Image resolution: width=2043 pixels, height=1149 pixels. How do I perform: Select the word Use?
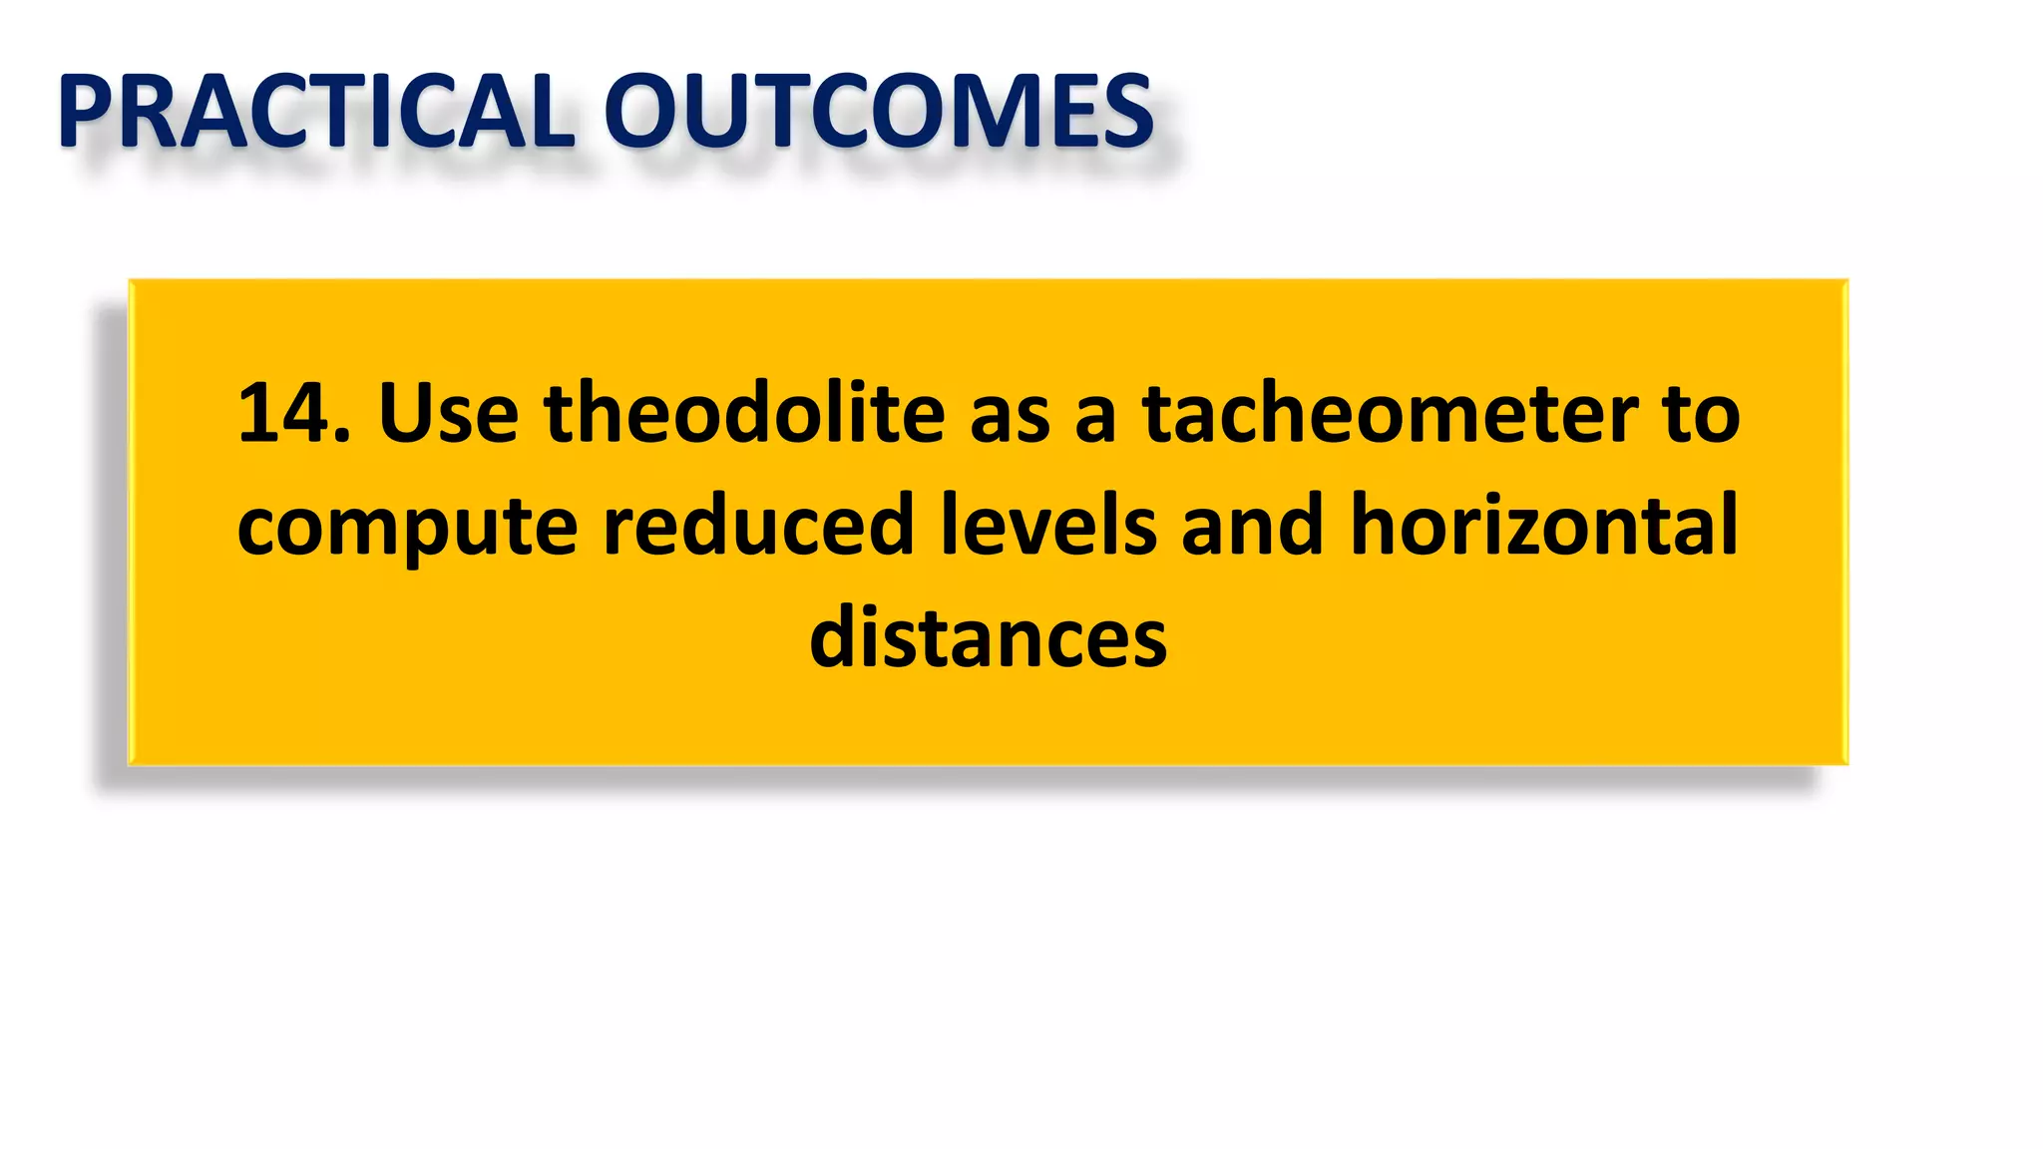tap(448, 413)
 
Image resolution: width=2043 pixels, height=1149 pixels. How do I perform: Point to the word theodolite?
tap(744, 413)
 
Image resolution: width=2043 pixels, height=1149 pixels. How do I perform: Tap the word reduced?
tap(758, 525)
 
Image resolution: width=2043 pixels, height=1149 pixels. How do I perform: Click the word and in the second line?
tap(1252, 525)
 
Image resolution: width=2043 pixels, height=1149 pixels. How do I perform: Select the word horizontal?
tap(1543, 525)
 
